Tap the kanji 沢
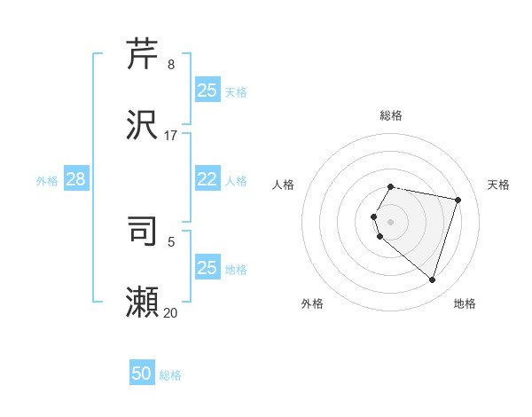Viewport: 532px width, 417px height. click(143, 124)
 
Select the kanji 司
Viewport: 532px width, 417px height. click(143, 231)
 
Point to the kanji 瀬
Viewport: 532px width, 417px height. click(143, 302)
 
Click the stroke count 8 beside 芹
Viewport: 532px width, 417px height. click(171, 65)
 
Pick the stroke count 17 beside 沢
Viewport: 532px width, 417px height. click(171, 136)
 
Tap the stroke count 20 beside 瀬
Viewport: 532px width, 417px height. click(171, 313)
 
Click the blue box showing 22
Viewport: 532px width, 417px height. click(207, 179)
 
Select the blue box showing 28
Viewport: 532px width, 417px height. click(75, 179)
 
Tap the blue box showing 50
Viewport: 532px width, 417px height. click(142, 374)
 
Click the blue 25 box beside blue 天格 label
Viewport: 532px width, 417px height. click(207, 90)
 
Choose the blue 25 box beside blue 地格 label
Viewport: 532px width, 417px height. click(207, 268)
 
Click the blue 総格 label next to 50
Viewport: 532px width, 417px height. click(170, 375)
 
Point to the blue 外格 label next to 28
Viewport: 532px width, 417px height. click(47, 181)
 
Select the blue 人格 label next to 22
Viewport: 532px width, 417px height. click(236, 181)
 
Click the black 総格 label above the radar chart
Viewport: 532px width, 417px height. click(391, 115)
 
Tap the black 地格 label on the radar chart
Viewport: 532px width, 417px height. click(465, 303)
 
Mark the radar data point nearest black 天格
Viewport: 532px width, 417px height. click(458, 200)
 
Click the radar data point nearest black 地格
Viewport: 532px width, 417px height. click(432, 280)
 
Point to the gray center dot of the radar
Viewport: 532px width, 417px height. click(391, 221)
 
